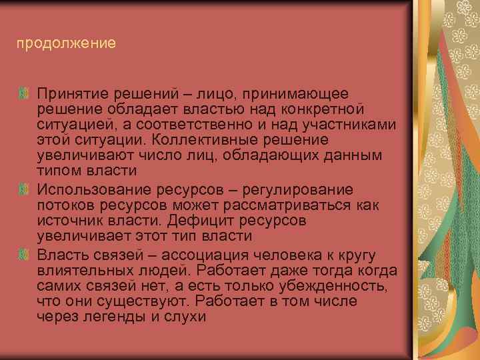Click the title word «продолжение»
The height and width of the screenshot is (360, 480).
[x=67, y=44]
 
